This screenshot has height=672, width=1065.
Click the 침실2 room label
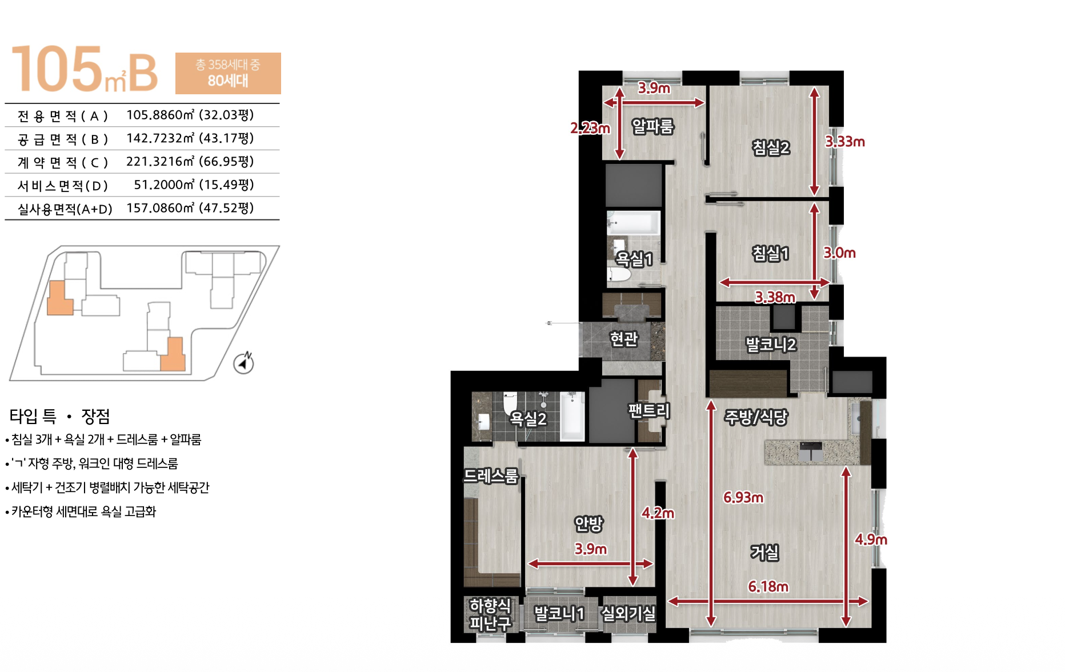tap(771, 147)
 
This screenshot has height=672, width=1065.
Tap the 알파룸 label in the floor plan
tap(652, 126)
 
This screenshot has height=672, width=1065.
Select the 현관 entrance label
tap(624, 339)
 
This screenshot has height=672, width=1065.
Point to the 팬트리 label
tap(648, 410)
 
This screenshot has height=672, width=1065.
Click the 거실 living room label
tap(764, 552)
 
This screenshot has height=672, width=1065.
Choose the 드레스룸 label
tap(491, 475)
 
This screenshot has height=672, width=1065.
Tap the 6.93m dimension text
tap(743, 497)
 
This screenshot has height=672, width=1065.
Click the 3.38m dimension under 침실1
tap(775, 297)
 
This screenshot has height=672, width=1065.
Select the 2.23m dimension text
tap(590, 128)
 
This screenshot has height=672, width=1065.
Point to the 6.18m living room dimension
tap(768, 587)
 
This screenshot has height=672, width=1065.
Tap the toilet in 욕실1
tap(619, 275)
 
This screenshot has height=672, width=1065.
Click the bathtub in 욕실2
tap(572, 416)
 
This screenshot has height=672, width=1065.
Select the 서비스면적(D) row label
tap(63, 186)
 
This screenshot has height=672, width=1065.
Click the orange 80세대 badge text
tap(228, 81)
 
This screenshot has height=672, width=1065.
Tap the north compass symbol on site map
tap(244, 362)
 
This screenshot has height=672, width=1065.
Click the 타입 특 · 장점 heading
tap(59, 416)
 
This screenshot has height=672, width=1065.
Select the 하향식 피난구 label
tap(490, 614)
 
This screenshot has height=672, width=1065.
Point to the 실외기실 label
tap(628, 613)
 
